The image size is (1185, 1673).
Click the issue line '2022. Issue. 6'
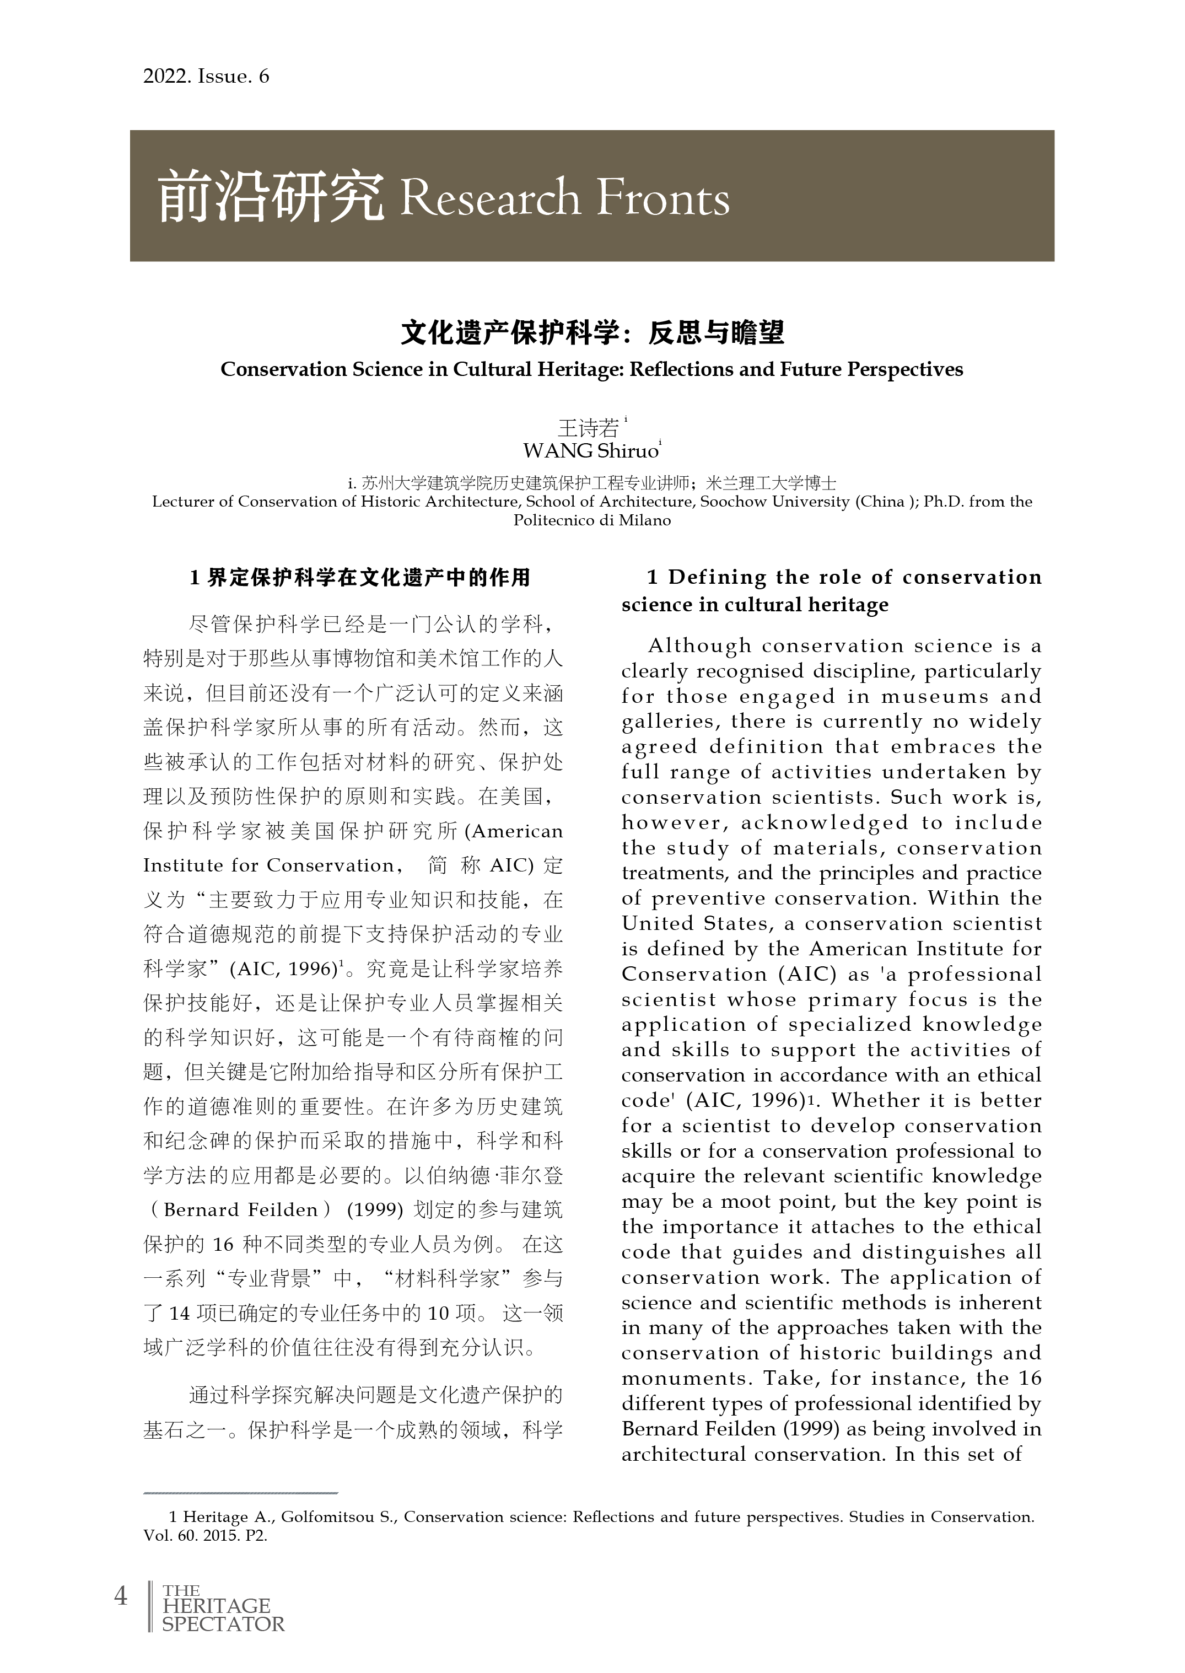coord(206,77)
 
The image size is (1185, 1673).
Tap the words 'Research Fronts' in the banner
coord(564,198)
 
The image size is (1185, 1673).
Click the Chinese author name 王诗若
coord(588,428)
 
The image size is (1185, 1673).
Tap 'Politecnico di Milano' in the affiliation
coord(592,520)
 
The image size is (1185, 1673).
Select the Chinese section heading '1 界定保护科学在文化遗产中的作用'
coord(360,578)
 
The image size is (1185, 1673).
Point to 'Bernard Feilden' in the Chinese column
coord(241,1210)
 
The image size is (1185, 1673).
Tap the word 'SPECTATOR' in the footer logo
coord(223,1624)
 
